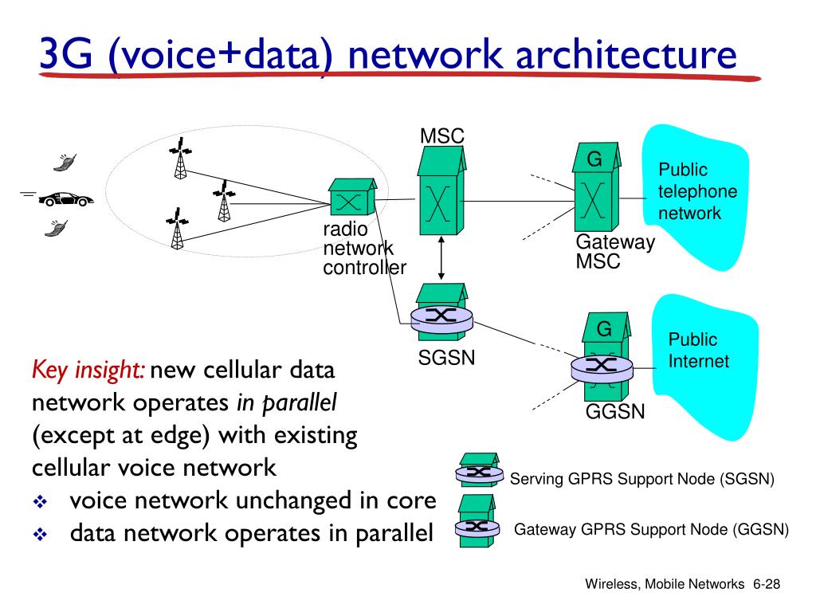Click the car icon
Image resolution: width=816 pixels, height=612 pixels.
click(66, 198)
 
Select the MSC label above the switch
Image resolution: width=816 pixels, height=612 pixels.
click(441, 136)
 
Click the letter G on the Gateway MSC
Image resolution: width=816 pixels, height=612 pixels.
click(594, 159)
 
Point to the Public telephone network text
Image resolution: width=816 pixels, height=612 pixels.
click(697, 191)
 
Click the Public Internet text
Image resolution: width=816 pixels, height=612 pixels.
click(698, 351)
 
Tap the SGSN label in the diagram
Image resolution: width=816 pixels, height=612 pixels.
click(446, 358)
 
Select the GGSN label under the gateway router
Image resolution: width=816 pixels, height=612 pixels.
click(615, 412)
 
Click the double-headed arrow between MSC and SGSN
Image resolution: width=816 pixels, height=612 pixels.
click(441, 258)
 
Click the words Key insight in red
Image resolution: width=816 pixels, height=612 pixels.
click(88, 371)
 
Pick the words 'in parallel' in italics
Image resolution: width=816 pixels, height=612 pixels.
click(287, 402)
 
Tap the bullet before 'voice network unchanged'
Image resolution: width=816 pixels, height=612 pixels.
click(40, 502)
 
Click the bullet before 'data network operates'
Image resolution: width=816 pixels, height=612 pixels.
click(40, 534)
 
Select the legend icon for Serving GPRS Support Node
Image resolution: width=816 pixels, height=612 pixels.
click(479, 470)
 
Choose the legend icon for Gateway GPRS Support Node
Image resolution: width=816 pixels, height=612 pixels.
click(477, 521)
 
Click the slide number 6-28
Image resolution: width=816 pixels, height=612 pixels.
click(767, 584)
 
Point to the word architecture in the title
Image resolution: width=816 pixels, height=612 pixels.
click(626, 55)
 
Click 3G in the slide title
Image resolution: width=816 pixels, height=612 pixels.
click(65, 53)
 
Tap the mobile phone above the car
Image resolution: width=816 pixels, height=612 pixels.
click(65, 162)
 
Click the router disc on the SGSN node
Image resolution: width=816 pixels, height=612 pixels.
click(441, 318)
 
